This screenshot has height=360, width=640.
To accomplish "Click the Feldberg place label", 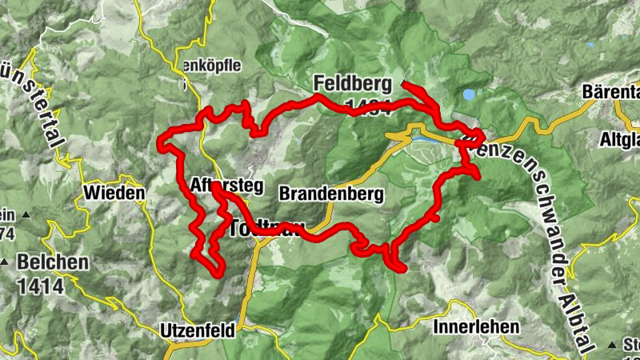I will (x=353, y=83).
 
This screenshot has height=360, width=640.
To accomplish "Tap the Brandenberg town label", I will (x=331, y=194).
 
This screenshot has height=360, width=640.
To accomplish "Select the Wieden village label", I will (x=114, y=194).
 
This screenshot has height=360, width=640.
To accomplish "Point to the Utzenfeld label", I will (x=197, y=330).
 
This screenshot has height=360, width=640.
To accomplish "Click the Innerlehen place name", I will (x=476, y=327).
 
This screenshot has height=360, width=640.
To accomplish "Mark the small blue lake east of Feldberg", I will (x=468, y=94).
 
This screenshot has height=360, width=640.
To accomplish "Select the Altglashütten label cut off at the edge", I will (x=619, y=140).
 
